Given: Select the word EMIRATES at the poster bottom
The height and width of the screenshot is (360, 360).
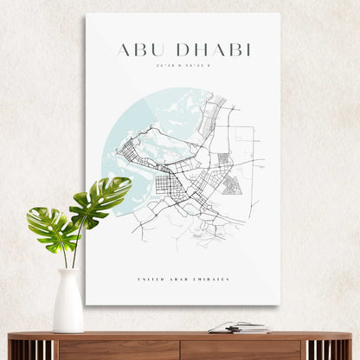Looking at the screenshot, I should tap(213, 280).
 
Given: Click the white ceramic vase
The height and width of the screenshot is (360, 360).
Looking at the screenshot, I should tap(68, 305).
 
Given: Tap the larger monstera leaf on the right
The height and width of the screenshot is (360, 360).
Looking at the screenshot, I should tap(101, 198).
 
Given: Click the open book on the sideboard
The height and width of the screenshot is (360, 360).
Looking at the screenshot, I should tap(238, 327).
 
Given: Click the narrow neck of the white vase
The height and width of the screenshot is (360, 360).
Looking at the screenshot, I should tap(68, 273).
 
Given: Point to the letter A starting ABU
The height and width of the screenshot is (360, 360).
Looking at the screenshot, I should tap(122, 49).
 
